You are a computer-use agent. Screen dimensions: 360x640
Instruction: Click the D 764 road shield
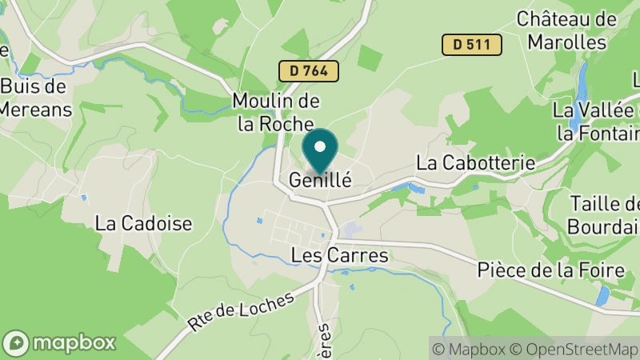309,70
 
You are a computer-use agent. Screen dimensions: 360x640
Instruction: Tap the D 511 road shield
472,45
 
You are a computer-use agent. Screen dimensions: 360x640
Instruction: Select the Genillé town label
320,180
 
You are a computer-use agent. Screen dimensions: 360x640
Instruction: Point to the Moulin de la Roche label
276,113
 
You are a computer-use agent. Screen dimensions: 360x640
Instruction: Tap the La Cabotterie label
475,162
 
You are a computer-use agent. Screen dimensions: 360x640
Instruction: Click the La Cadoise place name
143,223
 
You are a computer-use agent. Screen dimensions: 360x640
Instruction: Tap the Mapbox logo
60,342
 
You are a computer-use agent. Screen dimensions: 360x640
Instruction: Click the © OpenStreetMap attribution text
576,349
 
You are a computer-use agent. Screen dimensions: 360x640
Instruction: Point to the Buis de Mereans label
35,98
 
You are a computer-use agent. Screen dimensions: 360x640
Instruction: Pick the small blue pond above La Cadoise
83,196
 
